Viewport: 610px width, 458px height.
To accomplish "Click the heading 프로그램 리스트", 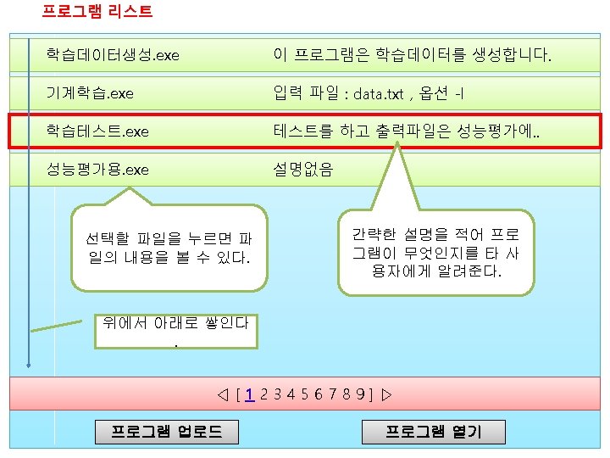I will coord(97,12).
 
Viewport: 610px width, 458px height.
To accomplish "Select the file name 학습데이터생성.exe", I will coord(113,55).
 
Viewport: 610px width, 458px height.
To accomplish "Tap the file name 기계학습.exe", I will coord(90,92).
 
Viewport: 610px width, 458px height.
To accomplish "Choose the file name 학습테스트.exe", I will coord(97,131).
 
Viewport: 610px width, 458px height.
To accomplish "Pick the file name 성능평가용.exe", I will coord(97,170).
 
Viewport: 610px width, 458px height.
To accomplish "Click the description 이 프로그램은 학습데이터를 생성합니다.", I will coord(412,56).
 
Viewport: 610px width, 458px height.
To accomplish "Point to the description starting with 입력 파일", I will coord(369,92).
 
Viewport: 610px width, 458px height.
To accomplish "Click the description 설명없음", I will coord(303,170).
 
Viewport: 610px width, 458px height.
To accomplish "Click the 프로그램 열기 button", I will coord(433,432).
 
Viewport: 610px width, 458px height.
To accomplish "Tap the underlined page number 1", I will coord(250,394).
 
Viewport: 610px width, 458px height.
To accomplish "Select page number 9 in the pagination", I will coord(360,394).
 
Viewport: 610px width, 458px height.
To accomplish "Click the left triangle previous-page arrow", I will coord(222,394).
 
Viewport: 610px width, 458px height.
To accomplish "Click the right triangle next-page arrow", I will coord(386,394).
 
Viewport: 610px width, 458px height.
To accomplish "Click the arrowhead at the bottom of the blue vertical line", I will coord(29,366).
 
